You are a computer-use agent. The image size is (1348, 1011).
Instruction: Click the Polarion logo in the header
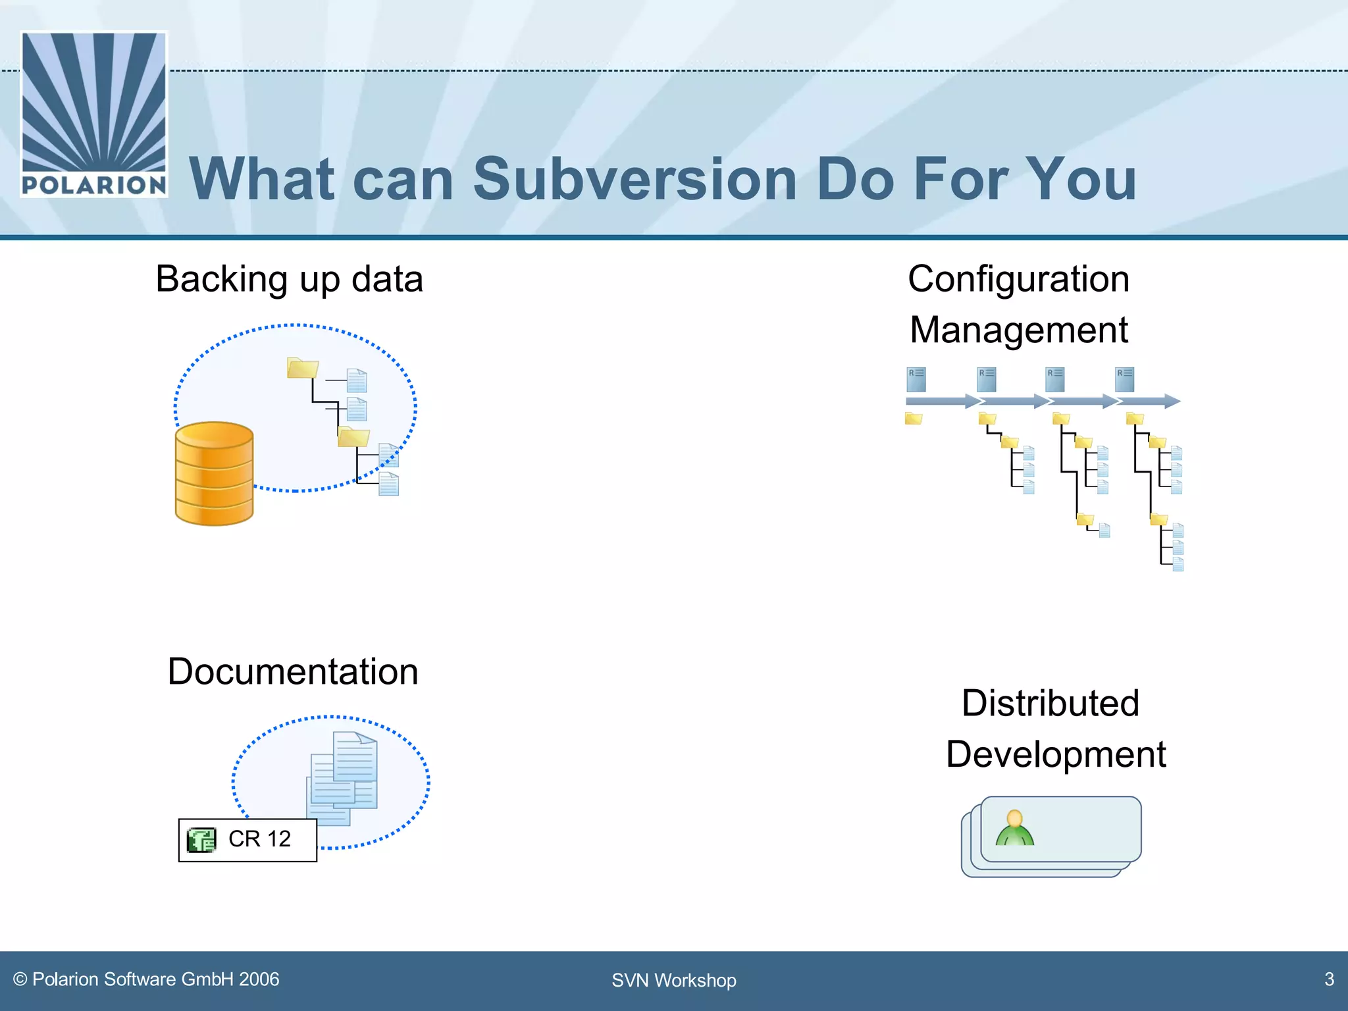[94, 114]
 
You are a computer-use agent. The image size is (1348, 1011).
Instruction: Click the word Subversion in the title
[635, 179]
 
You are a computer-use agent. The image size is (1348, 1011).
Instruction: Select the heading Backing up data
[289, 279]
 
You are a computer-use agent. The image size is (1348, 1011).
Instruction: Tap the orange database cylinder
[214, 474]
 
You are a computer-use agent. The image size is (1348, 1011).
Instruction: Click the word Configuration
[1018, 279]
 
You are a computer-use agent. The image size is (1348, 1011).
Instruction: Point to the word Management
[1018, 330]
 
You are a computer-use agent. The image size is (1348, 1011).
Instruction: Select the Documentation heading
[293, 672]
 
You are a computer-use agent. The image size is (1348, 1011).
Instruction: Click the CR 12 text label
[259, 839]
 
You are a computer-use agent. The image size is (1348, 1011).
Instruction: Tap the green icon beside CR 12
[201, 840]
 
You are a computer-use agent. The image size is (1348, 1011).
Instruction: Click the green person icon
[1014, 829]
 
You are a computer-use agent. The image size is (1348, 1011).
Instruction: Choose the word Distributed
[1050, 703]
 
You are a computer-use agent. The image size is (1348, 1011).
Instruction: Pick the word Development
[1055, 754]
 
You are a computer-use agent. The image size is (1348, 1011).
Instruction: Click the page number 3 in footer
[1329, 979]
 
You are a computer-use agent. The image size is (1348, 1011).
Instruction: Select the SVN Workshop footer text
[673, 981]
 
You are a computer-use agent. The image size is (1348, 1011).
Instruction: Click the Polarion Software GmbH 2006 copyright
[147, 979]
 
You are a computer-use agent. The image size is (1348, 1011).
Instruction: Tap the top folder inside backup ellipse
[302, 368]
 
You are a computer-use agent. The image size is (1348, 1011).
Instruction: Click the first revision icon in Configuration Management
[916, 379]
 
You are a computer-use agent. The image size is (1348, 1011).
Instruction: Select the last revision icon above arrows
[1124, 379]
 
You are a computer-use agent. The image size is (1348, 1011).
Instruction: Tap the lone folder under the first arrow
[913, 419]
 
